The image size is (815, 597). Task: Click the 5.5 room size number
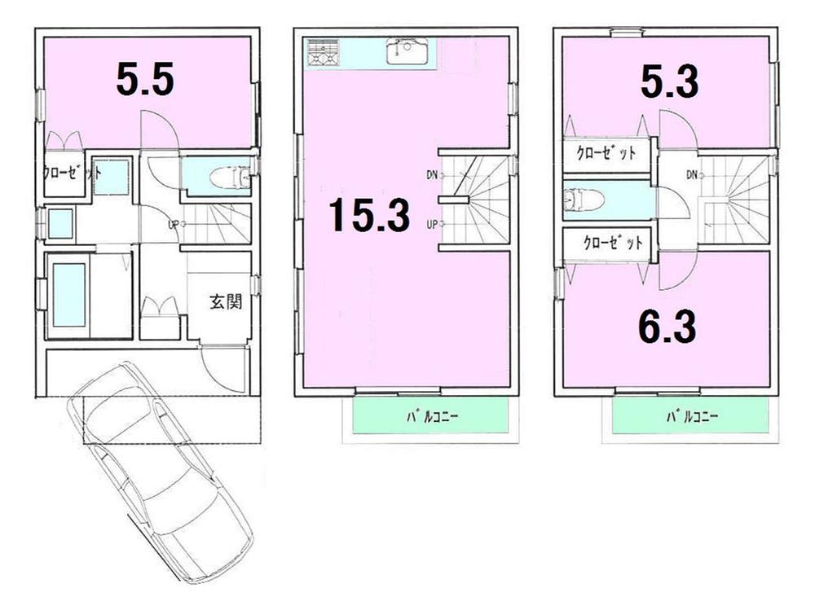[144, 80]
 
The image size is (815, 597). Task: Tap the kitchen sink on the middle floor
[405, 52]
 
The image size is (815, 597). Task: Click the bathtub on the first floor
[68, 294]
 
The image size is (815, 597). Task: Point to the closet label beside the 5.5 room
[73, 172]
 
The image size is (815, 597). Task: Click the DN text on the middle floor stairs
[431, 173]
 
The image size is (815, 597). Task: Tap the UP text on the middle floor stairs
[431, 224]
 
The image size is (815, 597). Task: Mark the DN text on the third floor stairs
[691, 173]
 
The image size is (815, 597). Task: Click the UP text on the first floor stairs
[173, 224]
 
